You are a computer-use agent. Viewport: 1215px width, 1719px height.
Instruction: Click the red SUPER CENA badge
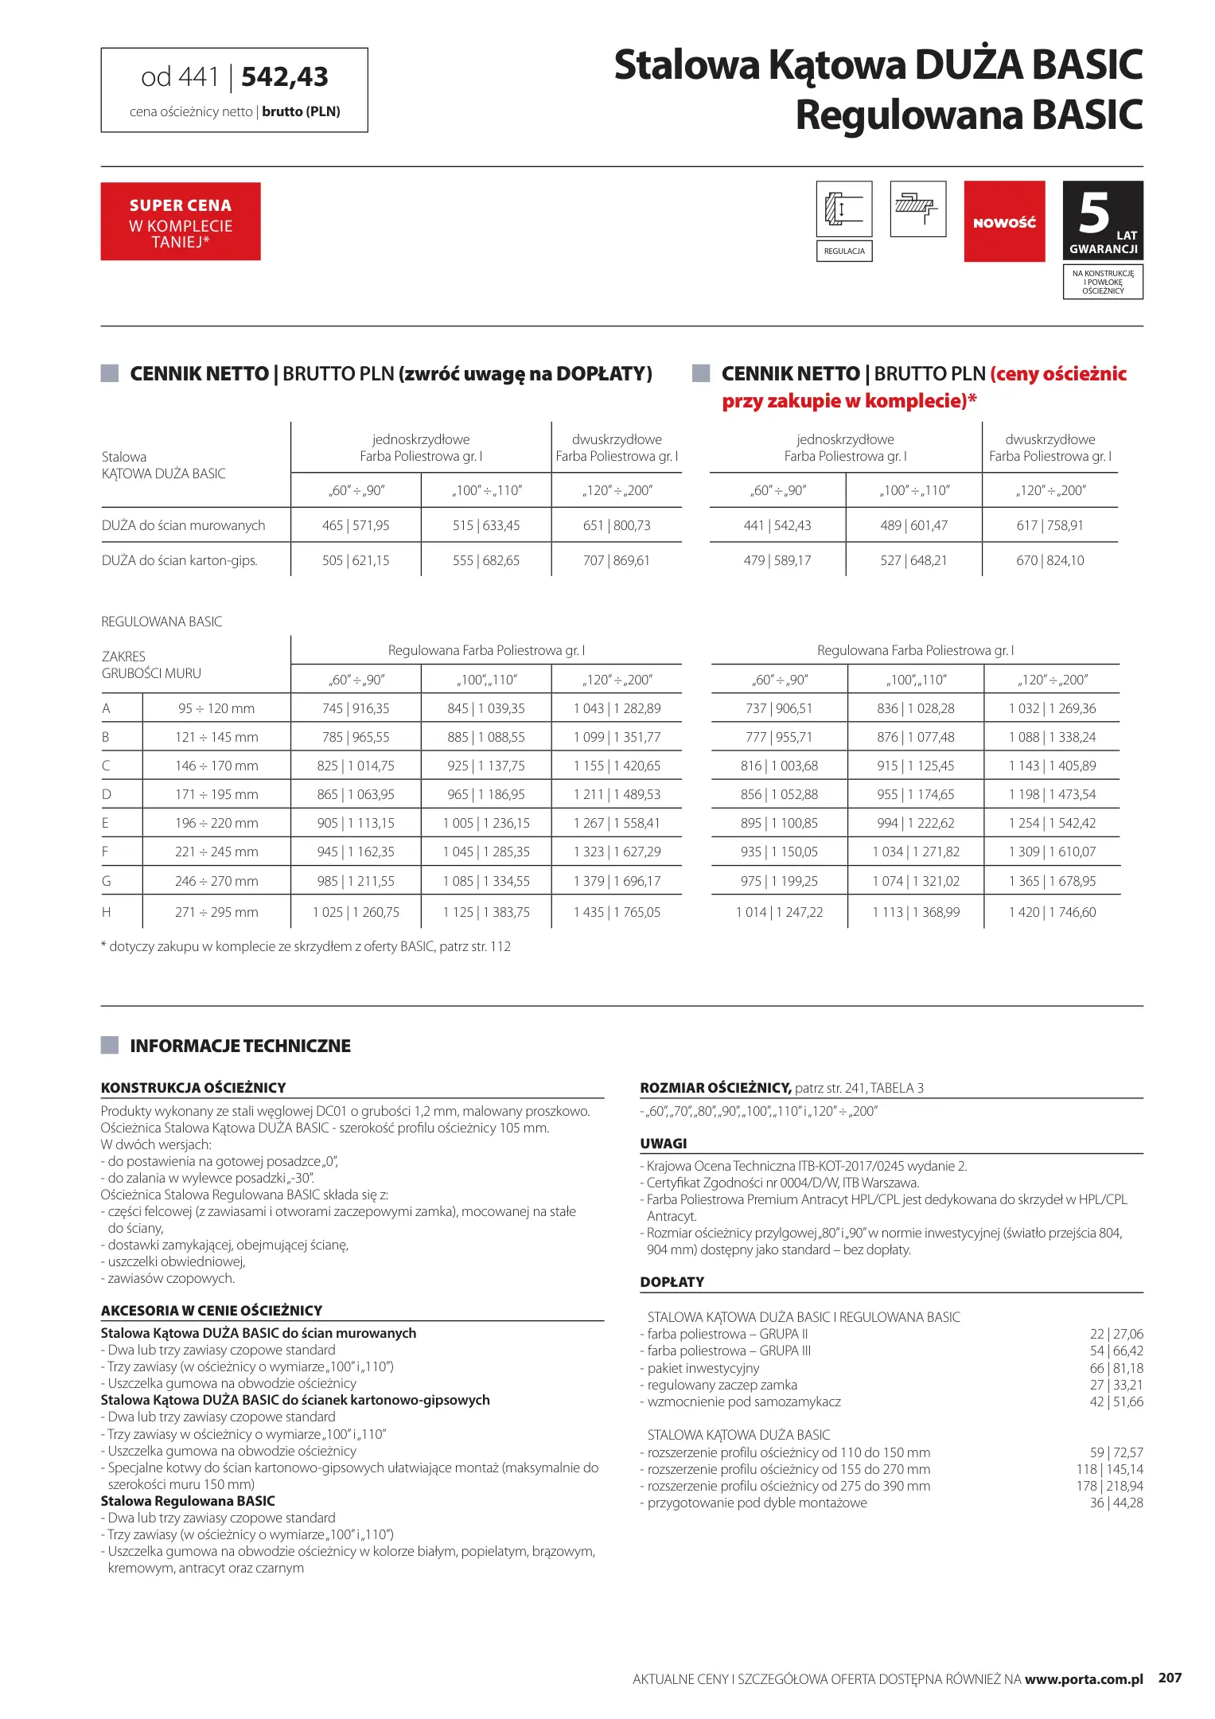coord(181,221)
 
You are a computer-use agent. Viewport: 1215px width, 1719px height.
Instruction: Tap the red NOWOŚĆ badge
coord(1004,221)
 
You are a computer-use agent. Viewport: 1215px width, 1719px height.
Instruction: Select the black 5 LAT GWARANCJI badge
coord(1103,220)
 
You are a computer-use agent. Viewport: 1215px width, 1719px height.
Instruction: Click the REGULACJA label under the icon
coord(844,251)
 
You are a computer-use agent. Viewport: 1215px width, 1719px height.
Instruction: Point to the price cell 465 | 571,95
coord(356,526)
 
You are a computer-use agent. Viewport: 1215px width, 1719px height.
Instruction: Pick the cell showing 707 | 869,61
coord(616,561)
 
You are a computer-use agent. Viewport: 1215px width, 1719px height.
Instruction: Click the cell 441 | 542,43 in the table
coord(777,526)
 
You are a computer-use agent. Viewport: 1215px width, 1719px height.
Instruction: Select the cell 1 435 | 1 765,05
coord(617,913)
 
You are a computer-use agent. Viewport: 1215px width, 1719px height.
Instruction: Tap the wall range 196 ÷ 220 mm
coord(216,824)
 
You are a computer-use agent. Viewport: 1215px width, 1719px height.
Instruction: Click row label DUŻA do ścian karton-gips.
coord(180,561)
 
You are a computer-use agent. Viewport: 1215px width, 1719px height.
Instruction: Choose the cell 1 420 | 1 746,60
coord(1052,913)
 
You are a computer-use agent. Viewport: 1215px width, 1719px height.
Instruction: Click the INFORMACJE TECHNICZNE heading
coord(240,1047)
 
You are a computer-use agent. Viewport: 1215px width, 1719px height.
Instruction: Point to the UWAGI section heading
coord(664,1144)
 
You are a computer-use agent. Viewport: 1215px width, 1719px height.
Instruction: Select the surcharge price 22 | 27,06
coord(1116,1335)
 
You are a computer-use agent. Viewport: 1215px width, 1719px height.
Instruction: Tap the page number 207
coord(1170,1678)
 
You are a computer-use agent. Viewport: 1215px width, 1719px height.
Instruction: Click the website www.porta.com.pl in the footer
coord(1084,1679)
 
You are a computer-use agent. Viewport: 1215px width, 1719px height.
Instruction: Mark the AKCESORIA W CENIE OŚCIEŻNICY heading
coord(212,1311)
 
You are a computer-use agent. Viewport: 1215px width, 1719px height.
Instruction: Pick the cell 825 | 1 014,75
coord(356,766)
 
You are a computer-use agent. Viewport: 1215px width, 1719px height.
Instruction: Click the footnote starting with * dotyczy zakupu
coord(306,947)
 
